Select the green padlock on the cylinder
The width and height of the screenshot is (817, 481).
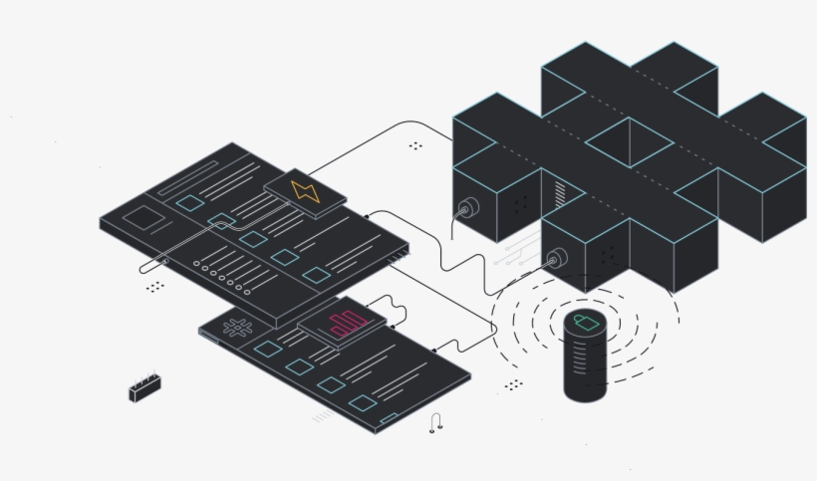click(x=586, y=324)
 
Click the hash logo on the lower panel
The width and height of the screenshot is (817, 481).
click(x=237, y=327)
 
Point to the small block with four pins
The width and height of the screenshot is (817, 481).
click(x=145, y=388)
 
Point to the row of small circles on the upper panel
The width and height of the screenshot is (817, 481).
click(x=222, y=274)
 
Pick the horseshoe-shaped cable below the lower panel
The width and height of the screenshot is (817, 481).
click(x=435, y=423)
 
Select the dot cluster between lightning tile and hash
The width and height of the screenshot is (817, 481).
click(x=415, y=145)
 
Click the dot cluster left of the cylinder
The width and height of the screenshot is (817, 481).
click(x=513, y=384)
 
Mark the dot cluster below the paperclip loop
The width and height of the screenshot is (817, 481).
click(x=154, y=287)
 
